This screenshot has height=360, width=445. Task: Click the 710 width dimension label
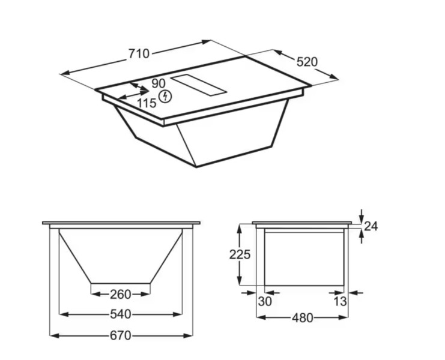click(x=138, y=53)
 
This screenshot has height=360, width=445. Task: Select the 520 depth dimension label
click(x=306, y=61)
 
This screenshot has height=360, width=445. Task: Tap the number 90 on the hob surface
click(x=158, y=83)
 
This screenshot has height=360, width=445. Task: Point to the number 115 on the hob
click(x=146, y=103)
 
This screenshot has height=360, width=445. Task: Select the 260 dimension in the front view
click(x=120, y=294)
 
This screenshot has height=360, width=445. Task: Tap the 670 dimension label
click(x=120, y=335)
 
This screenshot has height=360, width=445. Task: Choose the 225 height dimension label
click(x=239, y=254)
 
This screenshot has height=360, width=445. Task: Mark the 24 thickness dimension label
click(x=371, y=226)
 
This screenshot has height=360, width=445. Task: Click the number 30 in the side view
click(x=265, y=301)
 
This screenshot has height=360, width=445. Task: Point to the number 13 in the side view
click(x=340, y=301)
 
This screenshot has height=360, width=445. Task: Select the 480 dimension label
click(x=302, y=318)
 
